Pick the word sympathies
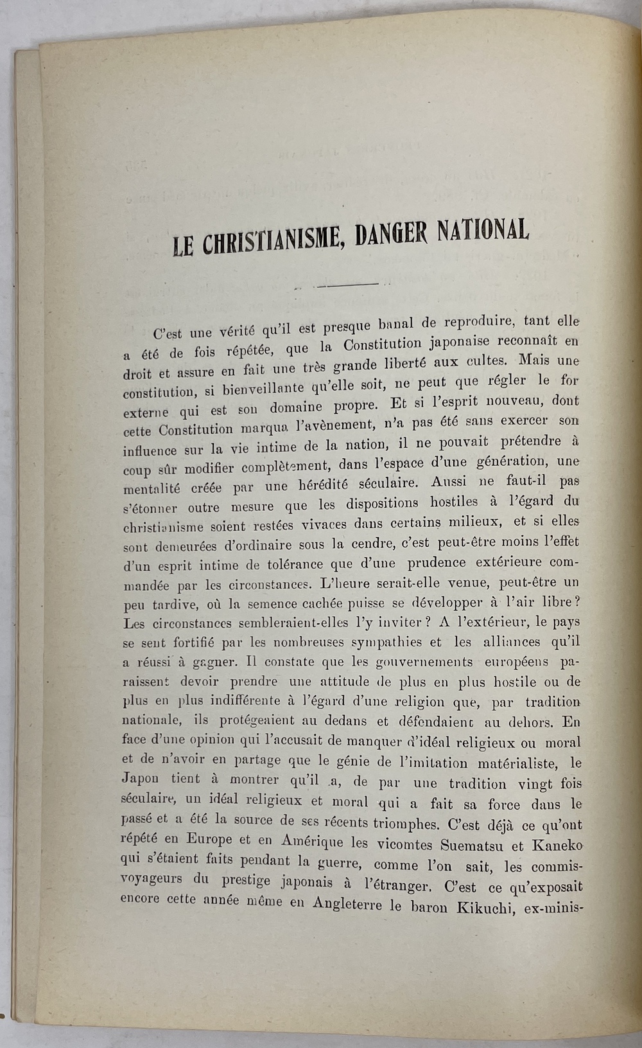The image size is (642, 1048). [382, 643]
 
